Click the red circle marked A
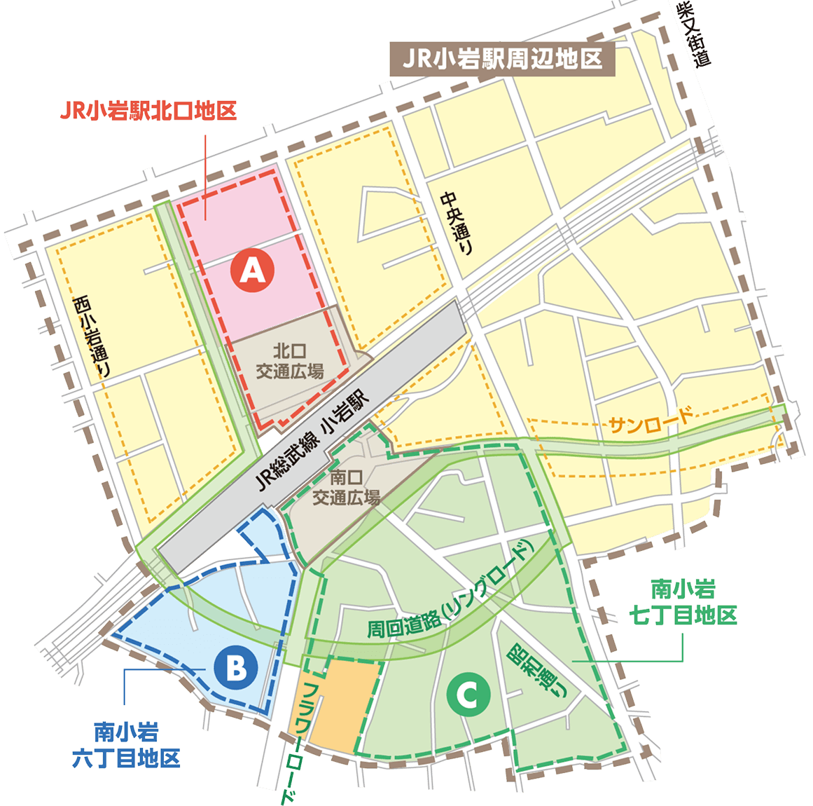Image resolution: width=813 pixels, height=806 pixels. pos(253,271)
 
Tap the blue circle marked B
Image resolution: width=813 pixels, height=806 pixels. pos(237,667)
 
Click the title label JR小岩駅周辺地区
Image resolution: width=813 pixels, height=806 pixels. pos(501,59)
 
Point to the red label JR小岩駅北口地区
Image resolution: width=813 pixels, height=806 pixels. pos(148,111)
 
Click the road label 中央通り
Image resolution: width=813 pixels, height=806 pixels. pos(459,225)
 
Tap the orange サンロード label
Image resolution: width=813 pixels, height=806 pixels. pos(651,421)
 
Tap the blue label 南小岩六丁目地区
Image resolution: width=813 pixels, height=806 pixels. pos(126,745)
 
